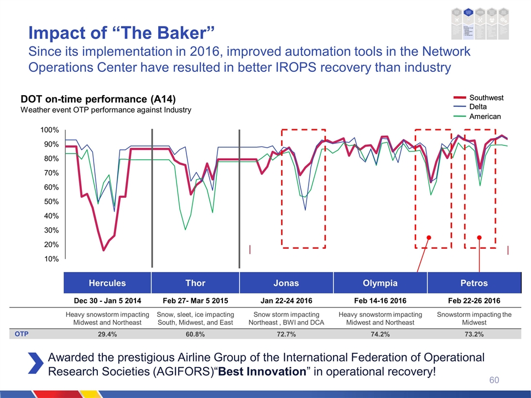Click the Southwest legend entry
pos(486,98)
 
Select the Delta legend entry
pos(479,107)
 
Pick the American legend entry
pos(485,116)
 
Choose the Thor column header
pos(195,283)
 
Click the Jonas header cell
pos(286,283)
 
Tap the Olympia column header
pos(380,283)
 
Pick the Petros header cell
pos(474,283)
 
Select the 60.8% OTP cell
pos(195,334)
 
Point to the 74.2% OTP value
pos(380,334)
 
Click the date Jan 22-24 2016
pos(286,300)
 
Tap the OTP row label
pos(22,334)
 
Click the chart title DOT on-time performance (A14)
pos(98,99)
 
